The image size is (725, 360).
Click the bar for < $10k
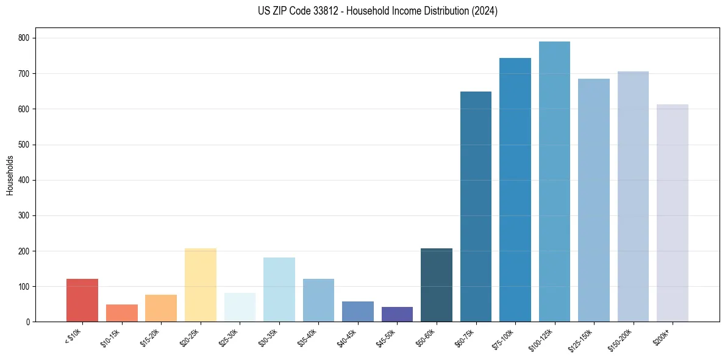[x=82, y=300]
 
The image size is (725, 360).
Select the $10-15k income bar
[x=121, y=313]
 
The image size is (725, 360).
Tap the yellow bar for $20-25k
[x=200, y=285]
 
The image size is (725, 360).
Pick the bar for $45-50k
[x=397, y=314]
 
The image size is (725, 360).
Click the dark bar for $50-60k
[x=437, y=285]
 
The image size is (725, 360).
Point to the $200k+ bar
[x=673, y=213]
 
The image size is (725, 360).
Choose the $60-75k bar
[x=476, y=207]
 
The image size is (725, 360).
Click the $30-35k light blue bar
[x=279, y=290]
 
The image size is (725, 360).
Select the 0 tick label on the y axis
[x=28, y=322]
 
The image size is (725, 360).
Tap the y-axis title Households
[x=10, y=175]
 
